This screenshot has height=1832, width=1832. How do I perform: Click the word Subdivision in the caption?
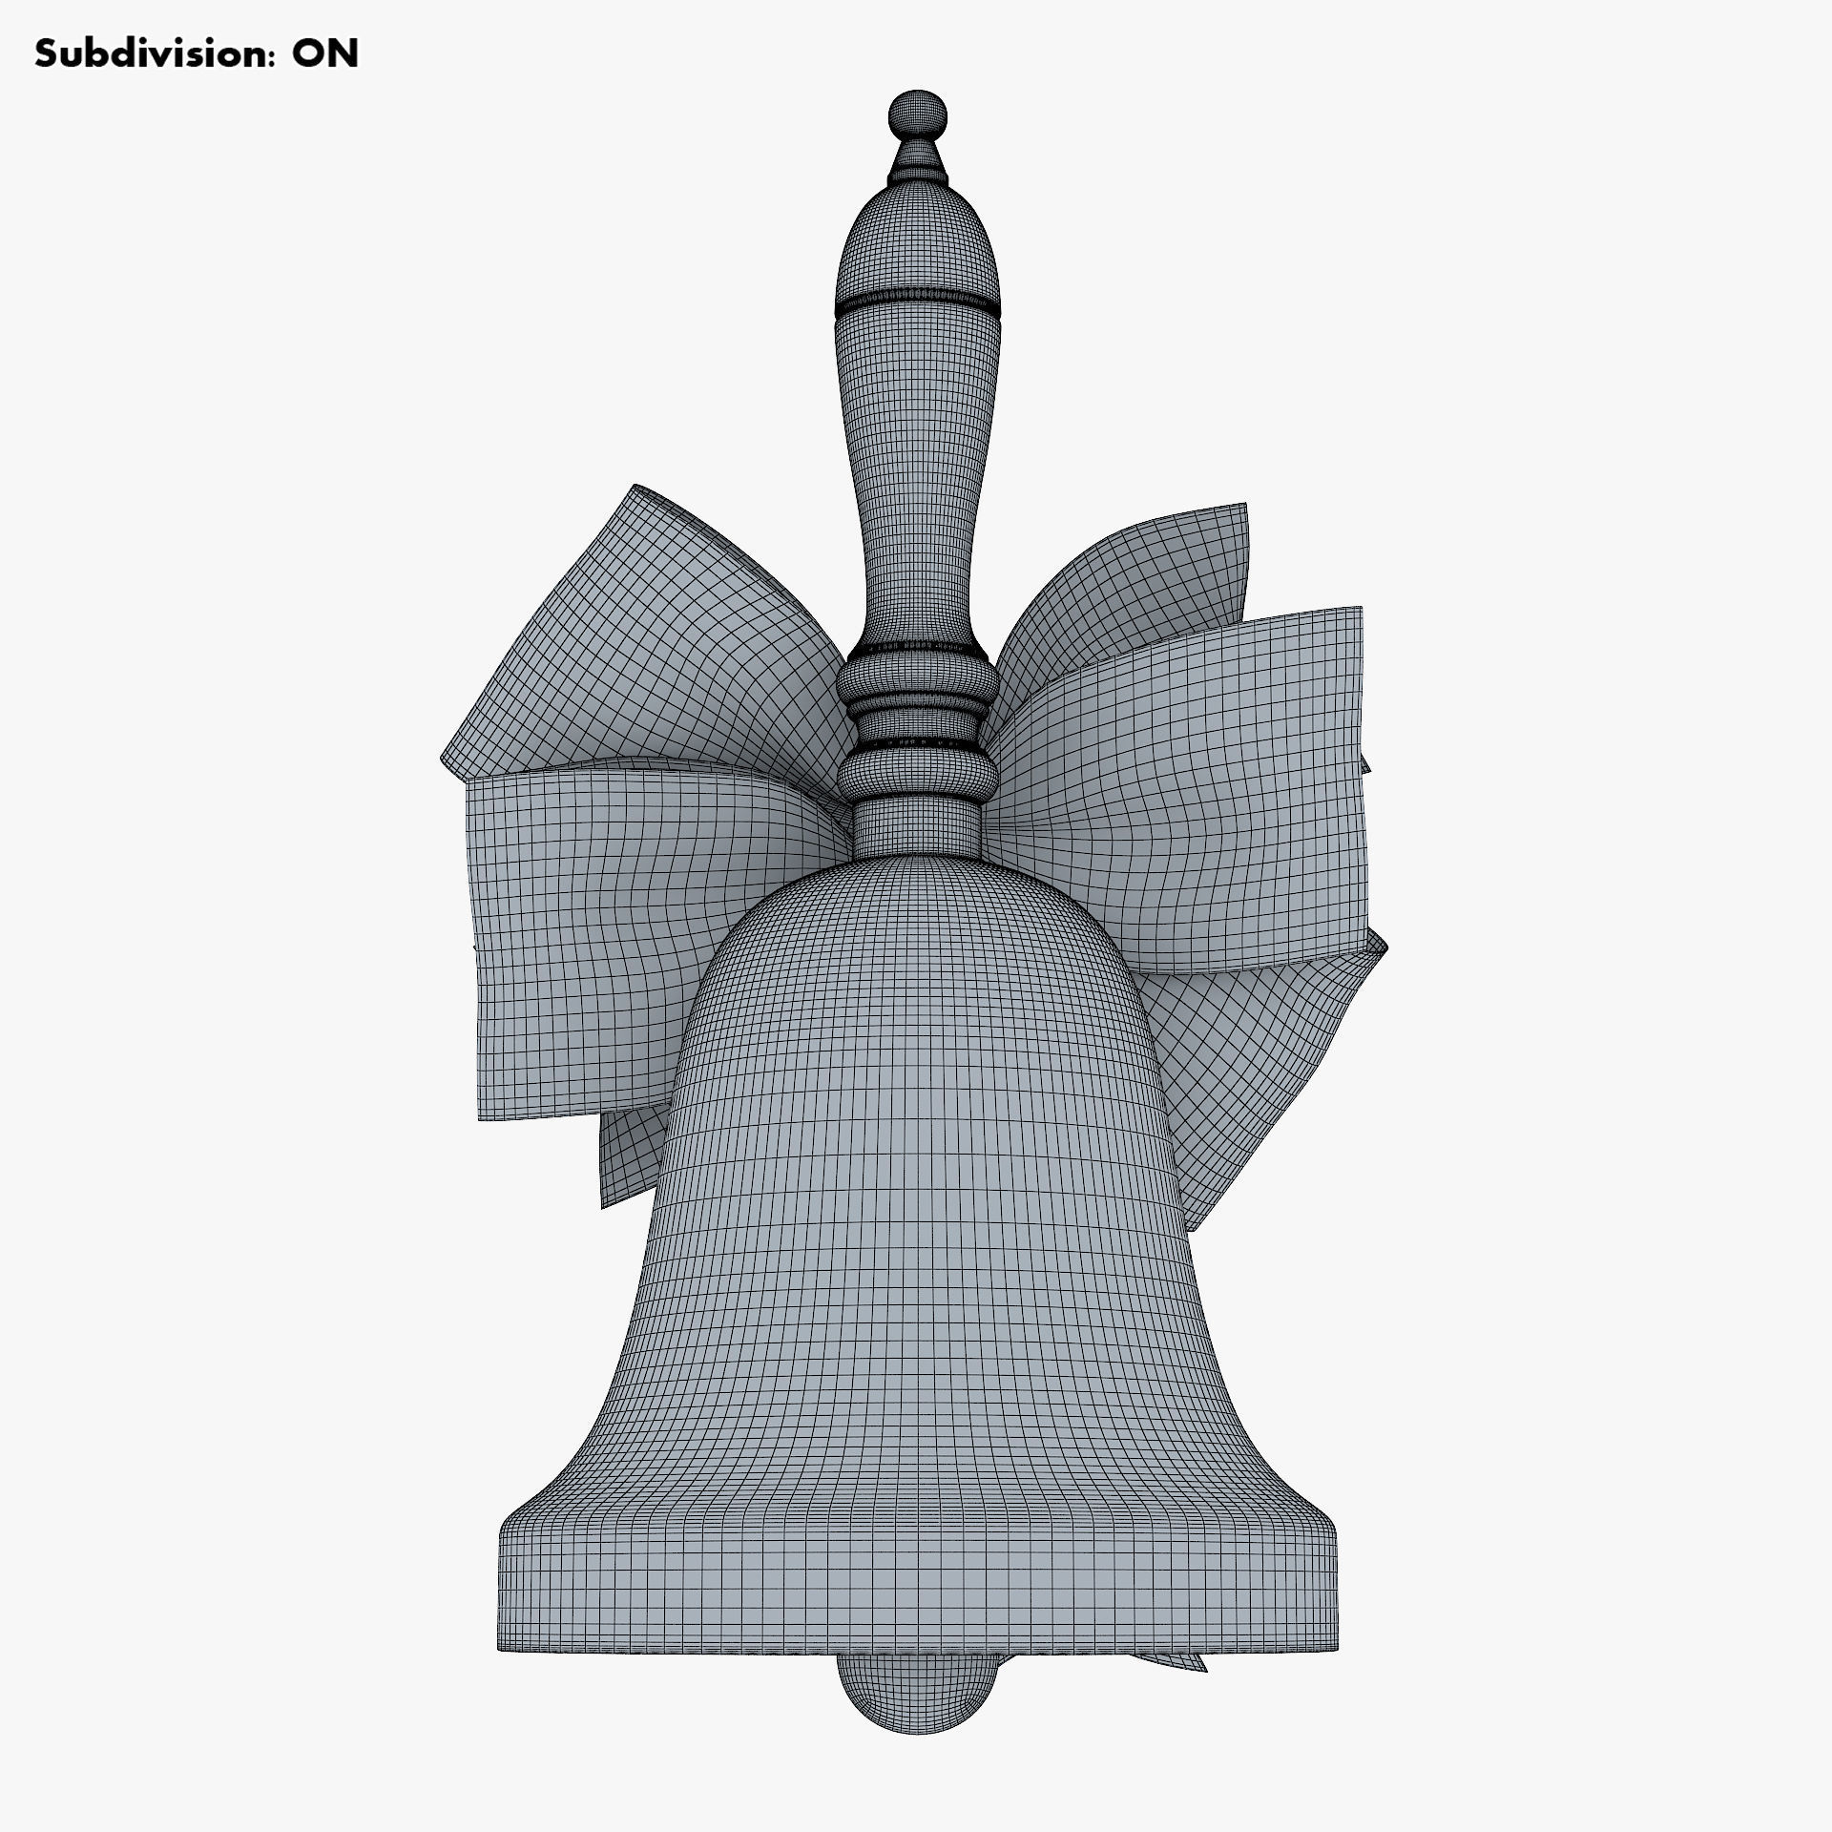141,54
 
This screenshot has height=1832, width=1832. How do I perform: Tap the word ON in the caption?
325,54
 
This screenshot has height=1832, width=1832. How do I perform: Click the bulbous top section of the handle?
918,239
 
